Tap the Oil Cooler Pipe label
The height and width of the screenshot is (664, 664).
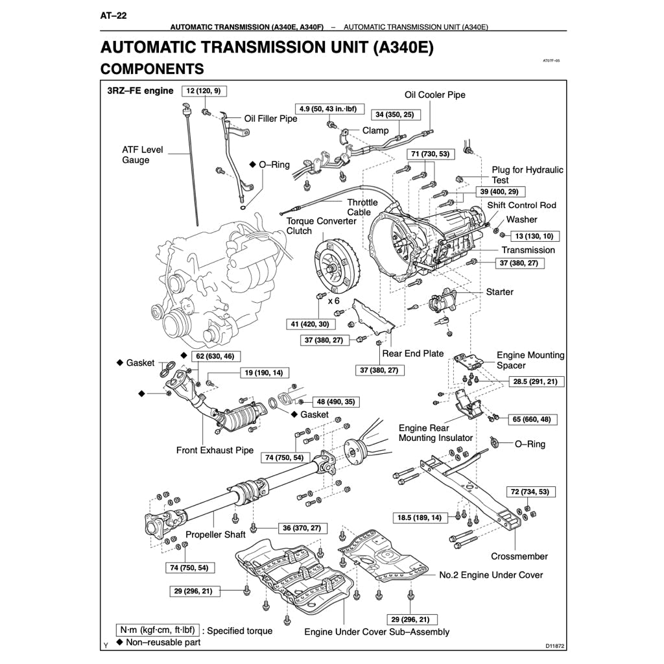pyautogui.click(x=435, y=95)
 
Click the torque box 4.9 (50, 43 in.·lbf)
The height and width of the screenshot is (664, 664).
pyautogui.click(x=331, y=108)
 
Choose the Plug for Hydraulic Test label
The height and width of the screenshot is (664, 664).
pyautogui.click(x=527, y=175)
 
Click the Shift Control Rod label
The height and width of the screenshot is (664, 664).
pyautogui.click(x=522, y=205)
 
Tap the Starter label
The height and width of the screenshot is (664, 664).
pyautogui.click(x=499, y=292)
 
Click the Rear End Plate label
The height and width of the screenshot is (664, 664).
pyautogui.click(x=413, y=353)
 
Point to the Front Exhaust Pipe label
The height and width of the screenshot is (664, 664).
pyautogui.click(x=215, y=450)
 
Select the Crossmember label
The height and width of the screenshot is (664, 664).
pyautogui.click(x=519, y=556)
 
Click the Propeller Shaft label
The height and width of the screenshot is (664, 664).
pyautogui.click(x=216, y=535)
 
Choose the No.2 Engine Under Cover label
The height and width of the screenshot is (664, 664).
pyautogui.click(x=491, y=575)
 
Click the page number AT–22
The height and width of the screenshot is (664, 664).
pyautogui.click(x=113, y=16)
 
